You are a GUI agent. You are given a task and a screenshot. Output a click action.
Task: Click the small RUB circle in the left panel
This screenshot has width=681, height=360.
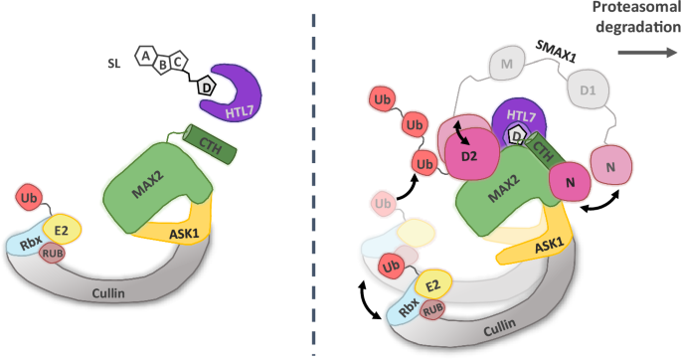53,253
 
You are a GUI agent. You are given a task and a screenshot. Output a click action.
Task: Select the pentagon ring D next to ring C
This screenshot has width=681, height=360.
206,87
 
